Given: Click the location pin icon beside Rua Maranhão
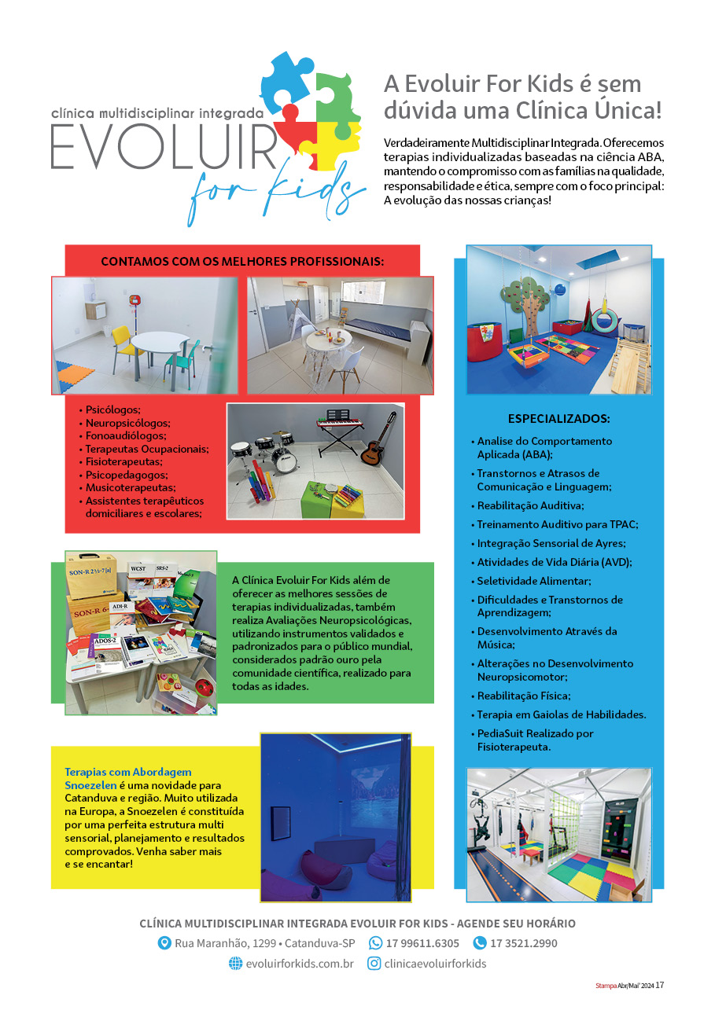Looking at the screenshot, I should point(164,943).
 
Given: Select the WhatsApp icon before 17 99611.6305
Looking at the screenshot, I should point(376,943).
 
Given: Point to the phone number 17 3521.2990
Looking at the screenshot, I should point(524,943).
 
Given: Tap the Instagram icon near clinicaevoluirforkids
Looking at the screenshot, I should point(374,964).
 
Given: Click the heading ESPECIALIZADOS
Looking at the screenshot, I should point(558,418).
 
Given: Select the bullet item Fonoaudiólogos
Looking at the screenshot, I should point(126,435).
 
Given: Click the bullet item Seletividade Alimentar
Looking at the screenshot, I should point(533,581).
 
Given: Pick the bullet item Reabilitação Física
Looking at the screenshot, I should point(523,696).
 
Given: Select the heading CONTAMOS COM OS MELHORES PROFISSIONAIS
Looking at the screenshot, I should point(242,261).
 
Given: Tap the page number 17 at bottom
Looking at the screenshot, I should point(660,985).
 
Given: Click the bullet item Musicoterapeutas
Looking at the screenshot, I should point(130,487).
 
